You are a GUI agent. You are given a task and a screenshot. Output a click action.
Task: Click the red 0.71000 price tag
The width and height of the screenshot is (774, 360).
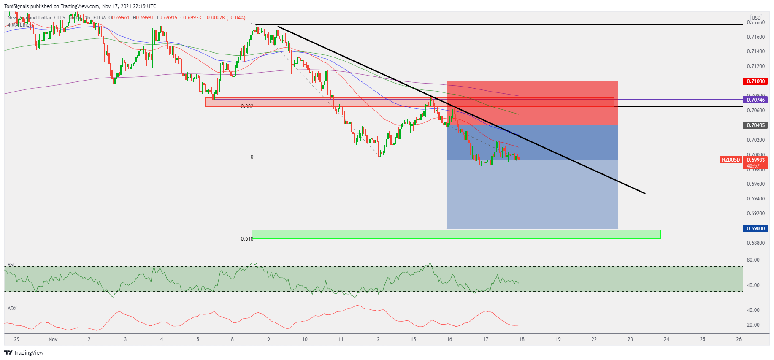[x=755, y=81]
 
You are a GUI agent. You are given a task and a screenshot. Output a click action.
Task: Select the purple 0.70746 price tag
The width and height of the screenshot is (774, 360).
[x=755, y=100]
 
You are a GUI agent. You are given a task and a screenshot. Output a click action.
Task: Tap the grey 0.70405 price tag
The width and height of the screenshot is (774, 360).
[x=755, y=125]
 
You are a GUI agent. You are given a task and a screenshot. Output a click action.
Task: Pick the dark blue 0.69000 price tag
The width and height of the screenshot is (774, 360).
[x=755, y=229]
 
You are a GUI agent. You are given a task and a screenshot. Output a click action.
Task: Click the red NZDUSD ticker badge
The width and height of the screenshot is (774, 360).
[x=731, y=160]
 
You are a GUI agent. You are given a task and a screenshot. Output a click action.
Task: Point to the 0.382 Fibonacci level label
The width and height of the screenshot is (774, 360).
[x=247, y=106]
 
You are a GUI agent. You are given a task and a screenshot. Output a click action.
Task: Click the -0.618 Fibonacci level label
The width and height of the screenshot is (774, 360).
[x=246, y=239]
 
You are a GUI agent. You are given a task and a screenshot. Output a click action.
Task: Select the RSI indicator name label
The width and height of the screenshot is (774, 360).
[x=11, y=265]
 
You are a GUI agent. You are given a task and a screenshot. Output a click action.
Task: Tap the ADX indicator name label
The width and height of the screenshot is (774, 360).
[x=12, y=309]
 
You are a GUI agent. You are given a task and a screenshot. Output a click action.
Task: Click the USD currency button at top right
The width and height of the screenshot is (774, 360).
[x=756, y=18]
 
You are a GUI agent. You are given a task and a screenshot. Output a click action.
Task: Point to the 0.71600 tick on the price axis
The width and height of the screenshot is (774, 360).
[x=755, y=37]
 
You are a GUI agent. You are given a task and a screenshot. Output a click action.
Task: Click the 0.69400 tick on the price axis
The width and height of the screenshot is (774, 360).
[x=755, y=199]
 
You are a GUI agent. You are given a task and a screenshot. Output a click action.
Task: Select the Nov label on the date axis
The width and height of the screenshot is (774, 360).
[x=53, y=339]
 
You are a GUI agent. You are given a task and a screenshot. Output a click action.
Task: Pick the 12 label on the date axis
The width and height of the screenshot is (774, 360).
[x=377, y=339]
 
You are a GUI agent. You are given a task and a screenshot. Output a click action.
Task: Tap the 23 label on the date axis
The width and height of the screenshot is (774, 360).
[x=630, y=339]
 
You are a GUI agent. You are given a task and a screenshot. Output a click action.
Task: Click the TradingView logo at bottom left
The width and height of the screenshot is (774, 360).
[x=24, y=353]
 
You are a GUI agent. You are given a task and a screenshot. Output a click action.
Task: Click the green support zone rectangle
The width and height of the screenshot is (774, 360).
[x=456, y=234]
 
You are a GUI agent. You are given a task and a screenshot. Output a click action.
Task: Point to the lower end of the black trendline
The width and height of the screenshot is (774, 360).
[x=645, y=193]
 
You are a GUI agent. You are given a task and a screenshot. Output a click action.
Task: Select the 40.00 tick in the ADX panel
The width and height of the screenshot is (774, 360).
[x=753, y=310]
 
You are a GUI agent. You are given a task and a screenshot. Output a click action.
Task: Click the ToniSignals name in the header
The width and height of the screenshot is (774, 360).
[x=16, y=6]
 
